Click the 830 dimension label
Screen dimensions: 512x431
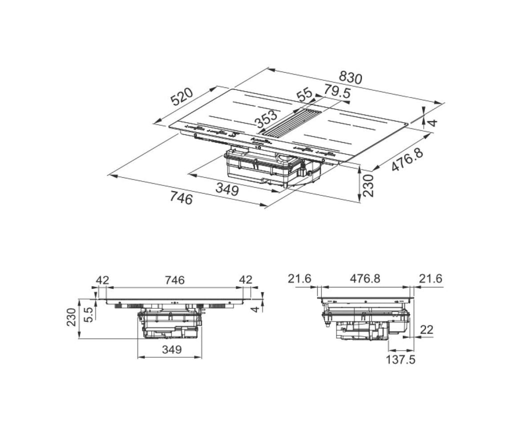pos(350,77)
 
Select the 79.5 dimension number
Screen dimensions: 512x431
pos(337,92)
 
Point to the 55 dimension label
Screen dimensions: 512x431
pos(304,95)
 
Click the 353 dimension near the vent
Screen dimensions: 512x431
pos(266,119)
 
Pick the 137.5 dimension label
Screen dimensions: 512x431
pos(400,360)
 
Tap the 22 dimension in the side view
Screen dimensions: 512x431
pos(426,330)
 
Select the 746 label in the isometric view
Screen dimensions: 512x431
pos(181,198)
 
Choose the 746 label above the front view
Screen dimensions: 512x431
pos(174,280)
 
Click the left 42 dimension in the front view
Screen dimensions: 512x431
pos(102,280)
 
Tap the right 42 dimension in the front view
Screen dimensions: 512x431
pos(246,280)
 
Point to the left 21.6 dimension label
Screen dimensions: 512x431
pos(300,279)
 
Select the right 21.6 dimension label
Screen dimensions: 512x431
pos(430,279)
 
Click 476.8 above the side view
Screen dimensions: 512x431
pos(365,279)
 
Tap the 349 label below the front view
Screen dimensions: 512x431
pos(172,349)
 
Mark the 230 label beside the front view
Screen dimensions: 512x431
pos(71,317)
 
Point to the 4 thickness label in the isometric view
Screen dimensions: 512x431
pos(432,123)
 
